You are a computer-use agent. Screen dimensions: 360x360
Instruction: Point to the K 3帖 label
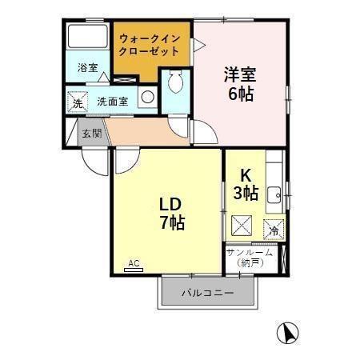246,184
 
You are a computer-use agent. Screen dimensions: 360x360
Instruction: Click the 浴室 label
87,69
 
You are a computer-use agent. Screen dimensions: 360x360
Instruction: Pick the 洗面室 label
112,101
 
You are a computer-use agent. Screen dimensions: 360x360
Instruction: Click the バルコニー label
207,294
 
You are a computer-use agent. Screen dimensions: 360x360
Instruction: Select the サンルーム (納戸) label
250,258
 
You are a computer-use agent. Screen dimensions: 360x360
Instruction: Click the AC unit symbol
134,264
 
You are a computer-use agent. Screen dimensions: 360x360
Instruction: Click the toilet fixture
176,83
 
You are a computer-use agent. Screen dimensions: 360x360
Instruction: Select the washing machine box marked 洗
78,102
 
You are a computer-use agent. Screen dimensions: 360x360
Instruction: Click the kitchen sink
273,192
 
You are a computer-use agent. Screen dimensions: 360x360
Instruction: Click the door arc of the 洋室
203,133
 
